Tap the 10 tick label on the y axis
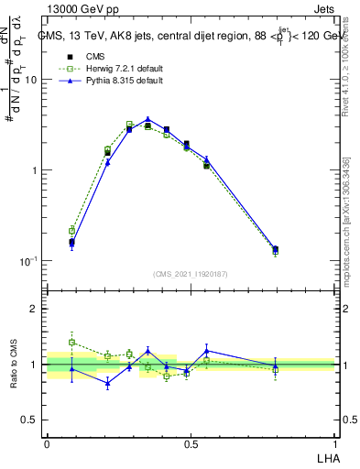click(30, 80)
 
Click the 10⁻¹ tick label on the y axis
click(28, 261)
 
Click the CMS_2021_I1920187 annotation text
click(191, 273)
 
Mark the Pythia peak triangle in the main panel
click(147, 119)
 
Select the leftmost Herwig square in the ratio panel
click(71, 342)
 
